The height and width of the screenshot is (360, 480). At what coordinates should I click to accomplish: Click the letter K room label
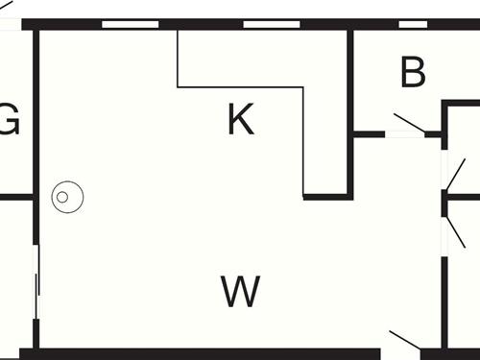pos(240,120)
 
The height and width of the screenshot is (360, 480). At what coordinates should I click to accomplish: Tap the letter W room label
pos(240,291)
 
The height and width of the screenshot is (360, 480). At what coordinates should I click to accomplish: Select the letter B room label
pos(413,73)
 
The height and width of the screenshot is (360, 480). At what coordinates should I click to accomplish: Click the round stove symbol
pos(66,198)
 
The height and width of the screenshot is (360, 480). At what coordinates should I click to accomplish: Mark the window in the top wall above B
pos(413,24)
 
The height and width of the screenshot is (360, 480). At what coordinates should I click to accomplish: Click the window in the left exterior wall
pos(36,282)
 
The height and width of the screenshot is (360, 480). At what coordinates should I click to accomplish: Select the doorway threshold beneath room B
pos(404,135)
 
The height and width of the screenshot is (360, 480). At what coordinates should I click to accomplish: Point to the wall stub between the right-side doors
pos(462,198)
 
